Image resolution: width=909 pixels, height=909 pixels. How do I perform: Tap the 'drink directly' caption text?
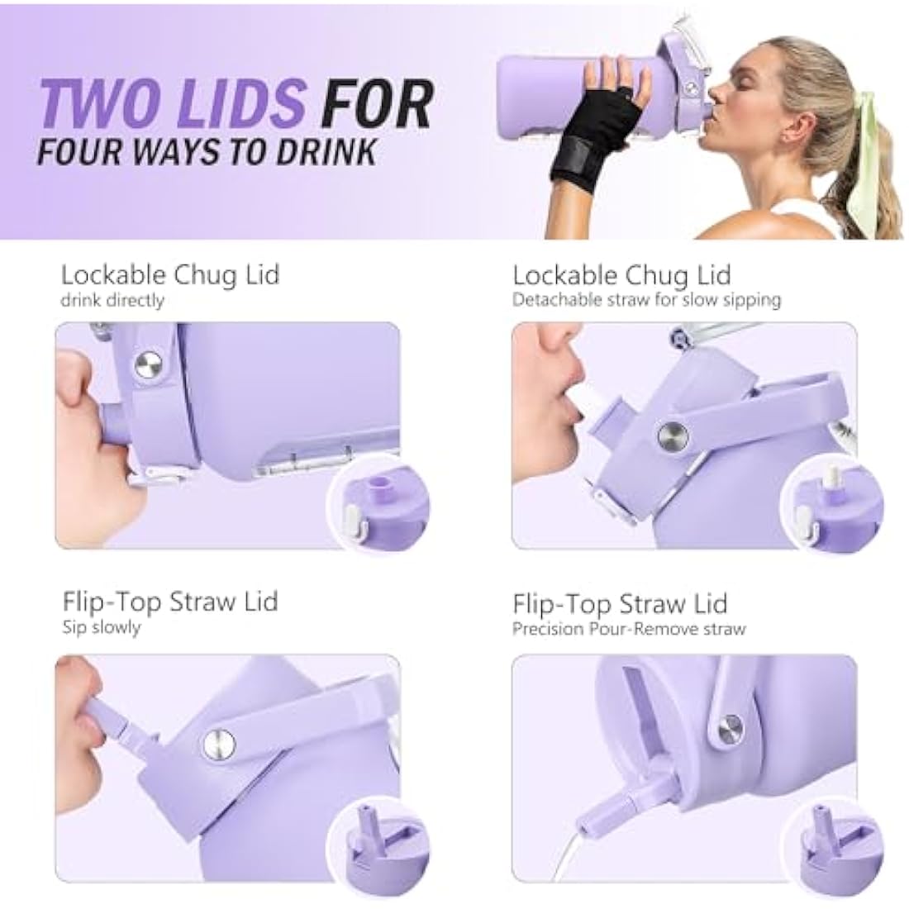click(x=112, y=300)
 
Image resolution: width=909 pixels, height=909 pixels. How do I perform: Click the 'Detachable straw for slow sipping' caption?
click(x=647, y=300)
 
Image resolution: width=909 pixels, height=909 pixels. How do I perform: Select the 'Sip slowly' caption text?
click(x=102, y=627)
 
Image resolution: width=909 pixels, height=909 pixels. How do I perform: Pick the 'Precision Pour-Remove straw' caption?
click(x=629, y=629)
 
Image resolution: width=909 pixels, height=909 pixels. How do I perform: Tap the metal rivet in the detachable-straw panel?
click(x=673, y=435)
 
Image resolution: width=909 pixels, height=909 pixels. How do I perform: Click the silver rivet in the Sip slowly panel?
click(x=220, y=745)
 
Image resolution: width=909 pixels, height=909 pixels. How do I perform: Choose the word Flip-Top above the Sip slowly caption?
click(x=112, y=602)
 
